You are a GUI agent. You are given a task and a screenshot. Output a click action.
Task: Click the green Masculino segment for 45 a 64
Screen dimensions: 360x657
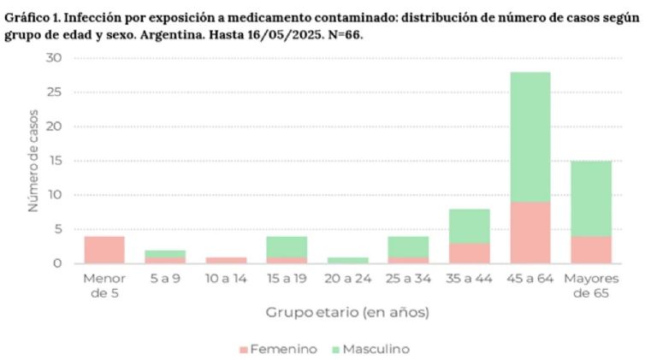point(530,137)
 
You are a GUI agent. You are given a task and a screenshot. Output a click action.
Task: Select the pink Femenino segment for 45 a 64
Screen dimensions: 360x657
point(530,232)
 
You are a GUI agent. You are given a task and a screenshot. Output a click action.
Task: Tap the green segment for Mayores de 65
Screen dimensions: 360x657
point(591,198)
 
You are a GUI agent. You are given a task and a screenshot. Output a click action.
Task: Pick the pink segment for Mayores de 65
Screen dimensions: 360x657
point(591,249)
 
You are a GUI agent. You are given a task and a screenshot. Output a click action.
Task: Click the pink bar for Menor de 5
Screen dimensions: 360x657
point(104,250)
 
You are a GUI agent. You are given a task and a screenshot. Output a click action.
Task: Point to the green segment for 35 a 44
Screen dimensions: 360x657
point(469,226)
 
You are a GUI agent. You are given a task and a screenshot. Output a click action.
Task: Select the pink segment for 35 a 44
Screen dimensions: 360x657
point(469,253)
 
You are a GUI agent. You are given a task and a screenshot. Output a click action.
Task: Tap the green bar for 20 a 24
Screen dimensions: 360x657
point(348,260)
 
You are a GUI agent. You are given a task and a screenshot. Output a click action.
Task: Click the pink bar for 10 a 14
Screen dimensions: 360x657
point(227,260)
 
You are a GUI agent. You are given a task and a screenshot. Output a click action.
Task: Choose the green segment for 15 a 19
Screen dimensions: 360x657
point(287,246)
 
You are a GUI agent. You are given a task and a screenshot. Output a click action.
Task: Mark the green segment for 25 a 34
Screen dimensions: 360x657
point(409,246)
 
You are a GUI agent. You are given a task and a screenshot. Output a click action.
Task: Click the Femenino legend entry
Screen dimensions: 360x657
point(279,349)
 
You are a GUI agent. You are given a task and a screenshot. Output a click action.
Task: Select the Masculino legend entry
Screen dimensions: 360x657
point(371,349)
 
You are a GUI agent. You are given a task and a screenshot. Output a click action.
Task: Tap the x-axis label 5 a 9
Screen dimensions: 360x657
point(165,279)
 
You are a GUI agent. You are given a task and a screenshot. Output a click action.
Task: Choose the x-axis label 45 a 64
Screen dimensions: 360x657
point(530,279)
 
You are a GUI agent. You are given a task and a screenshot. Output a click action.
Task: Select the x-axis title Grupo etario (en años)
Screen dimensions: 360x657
point(347,312)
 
